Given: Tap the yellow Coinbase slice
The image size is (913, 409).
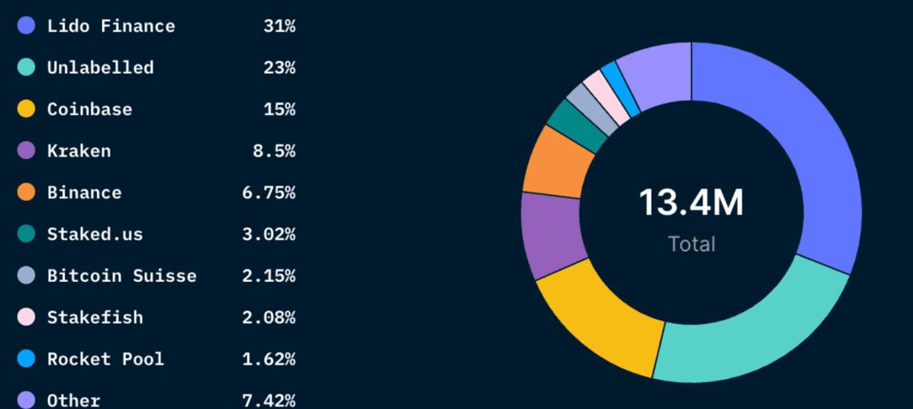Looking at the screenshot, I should [600, 315].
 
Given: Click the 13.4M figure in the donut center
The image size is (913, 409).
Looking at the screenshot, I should [691, 202].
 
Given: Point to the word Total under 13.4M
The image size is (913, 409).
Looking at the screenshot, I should [691, 244].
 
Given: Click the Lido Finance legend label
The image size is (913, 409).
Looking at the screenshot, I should [111, 26].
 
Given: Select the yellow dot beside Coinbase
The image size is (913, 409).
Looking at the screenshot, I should [26, 109].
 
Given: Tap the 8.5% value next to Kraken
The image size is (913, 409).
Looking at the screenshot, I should [274, 151].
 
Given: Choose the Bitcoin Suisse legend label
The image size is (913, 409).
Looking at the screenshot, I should [122, 276].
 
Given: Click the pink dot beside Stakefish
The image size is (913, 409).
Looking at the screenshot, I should [26, 318].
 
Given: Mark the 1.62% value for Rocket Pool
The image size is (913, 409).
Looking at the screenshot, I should [268, 359].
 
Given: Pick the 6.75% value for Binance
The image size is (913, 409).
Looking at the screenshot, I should [268, 193].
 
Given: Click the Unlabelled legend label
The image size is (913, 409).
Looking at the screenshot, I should [100, 68].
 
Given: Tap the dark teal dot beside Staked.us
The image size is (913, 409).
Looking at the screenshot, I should [26, 234].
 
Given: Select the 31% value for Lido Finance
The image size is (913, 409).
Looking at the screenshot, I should [279, 26].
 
